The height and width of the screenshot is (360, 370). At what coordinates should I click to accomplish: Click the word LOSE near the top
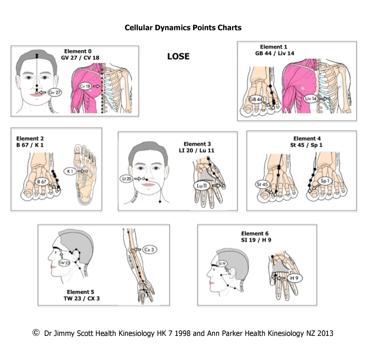point(178,56)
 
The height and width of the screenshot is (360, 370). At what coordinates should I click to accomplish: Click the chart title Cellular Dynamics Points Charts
point(183,28)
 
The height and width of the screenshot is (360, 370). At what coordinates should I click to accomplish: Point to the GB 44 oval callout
point(255,100)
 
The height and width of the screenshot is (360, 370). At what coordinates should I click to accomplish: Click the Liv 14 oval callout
point(311,99)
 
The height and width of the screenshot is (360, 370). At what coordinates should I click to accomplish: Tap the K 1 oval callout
point(70,171)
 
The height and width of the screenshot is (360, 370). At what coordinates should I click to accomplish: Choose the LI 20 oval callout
point(127,179)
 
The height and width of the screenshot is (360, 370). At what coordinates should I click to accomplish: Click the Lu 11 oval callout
point(201,186)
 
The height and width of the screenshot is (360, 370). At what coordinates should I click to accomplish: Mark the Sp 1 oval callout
point(324,181)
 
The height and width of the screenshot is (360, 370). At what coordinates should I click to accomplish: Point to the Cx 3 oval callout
point(149,249)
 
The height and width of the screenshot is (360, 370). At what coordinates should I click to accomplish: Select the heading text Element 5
point(80,292)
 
